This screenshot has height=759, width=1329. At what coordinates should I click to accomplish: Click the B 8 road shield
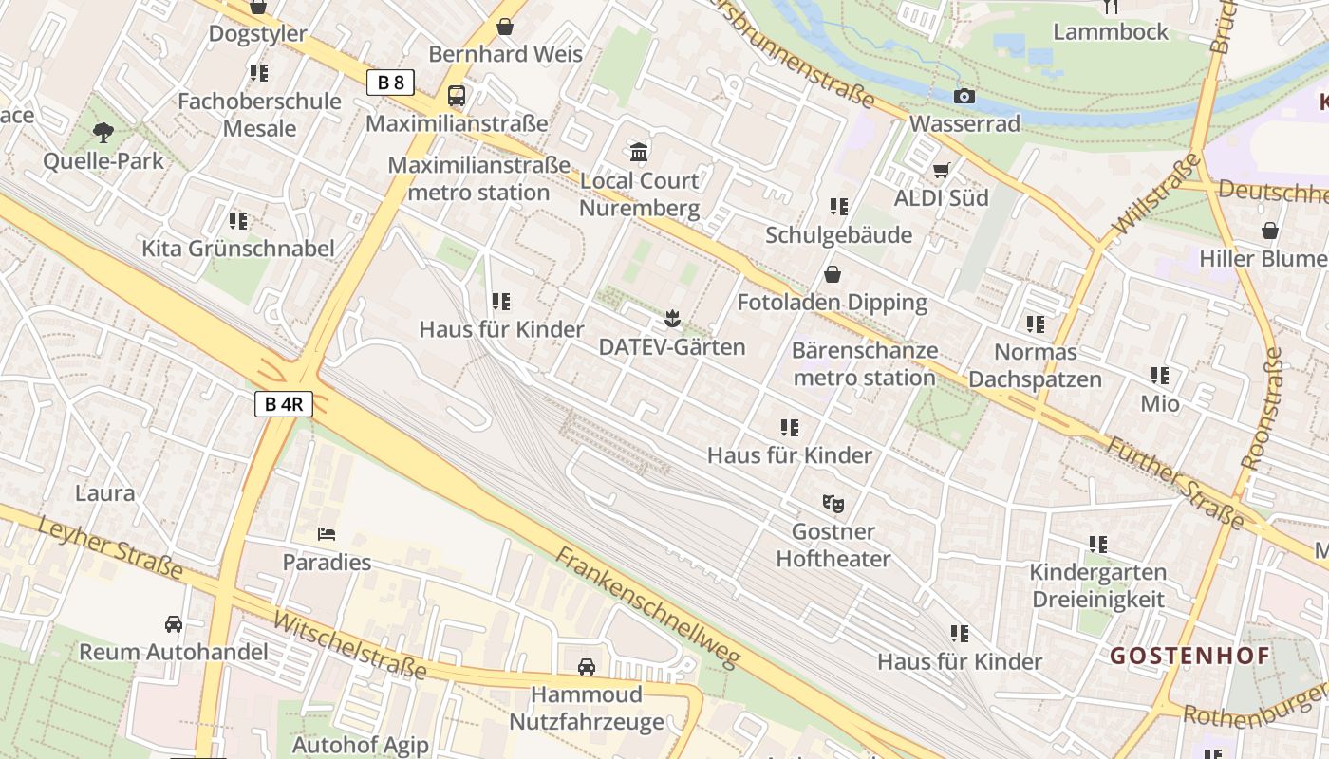point(390,83)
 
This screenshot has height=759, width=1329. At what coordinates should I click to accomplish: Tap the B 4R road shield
point(284,404)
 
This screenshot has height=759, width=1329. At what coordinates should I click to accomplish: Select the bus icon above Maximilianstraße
point(457,95)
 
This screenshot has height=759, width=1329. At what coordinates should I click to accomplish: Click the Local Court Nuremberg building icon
point(639,152)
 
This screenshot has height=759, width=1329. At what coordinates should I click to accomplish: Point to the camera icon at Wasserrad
point(964,96)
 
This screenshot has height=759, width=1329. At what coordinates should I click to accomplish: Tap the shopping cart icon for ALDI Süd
point(941,170)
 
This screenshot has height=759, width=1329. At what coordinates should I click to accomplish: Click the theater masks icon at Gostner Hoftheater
point(833,503)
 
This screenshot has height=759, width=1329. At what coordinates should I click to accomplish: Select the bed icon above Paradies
point(327,534)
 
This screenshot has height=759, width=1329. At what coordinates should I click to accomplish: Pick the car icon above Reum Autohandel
point(174,623)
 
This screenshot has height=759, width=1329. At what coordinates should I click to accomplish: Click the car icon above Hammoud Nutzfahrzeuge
point(587,666)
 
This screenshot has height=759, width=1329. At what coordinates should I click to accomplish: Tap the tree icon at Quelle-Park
point(103,133)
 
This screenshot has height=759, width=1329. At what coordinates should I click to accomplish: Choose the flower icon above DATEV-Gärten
point(672,319)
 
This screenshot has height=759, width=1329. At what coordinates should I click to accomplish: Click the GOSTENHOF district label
point(1190,656)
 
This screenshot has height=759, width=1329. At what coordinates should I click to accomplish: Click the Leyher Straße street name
point(111,547)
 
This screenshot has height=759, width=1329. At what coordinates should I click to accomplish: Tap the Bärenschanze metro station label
point(864,364)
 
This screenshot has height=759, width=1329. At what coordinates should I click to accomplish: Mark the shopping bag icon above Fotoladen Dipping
point(833,274)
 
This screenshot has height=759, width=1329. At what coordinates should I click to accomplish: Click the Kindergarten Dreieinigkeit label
point(1098,585)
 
